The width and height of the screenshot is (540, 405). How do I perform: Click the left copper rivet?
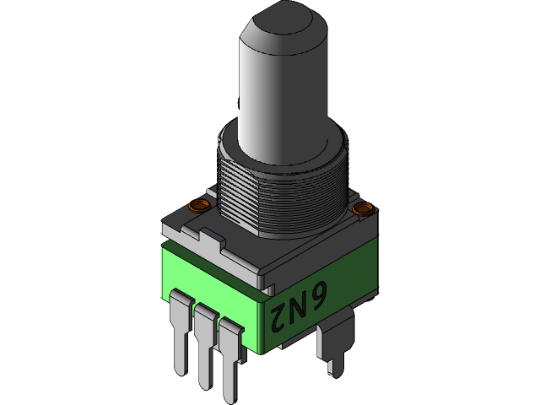pos(199,205)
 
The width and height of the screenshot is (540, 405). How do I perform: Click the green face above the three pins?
pos(211,278)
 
